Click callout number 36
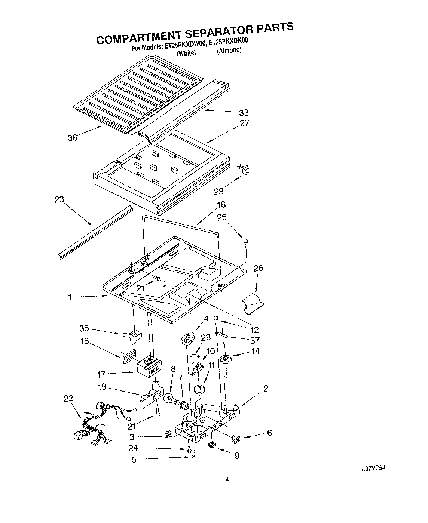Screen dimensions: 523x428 [73, 138]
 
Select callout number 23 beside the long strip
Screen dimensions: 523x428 [59, 199]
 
